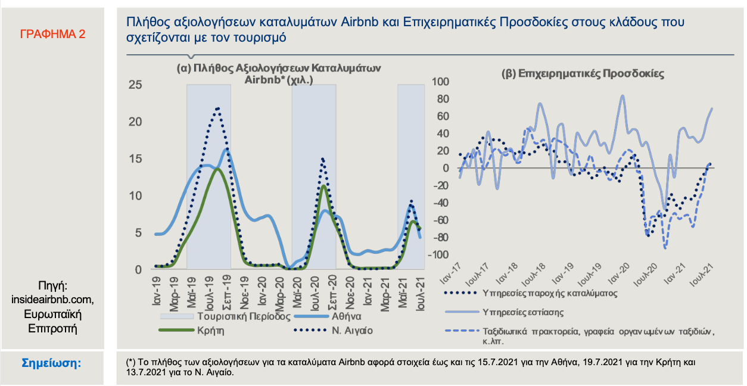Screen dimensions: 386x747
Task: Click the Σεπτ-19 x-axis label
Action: tap(226, 289)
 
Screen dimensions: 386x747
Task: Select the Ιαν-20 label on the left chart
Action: tap(263, 289)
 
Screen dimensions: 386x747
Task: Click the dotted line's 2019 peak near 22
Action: tap(218, 108)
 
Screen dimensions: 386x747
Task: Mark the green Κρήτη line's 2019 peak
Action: tap(217, 169)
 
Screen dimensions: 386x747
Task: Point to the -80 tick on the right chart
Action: tap(441, 238)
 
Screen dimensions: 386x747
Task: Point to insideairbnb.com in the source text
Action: tap(52, 298)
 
